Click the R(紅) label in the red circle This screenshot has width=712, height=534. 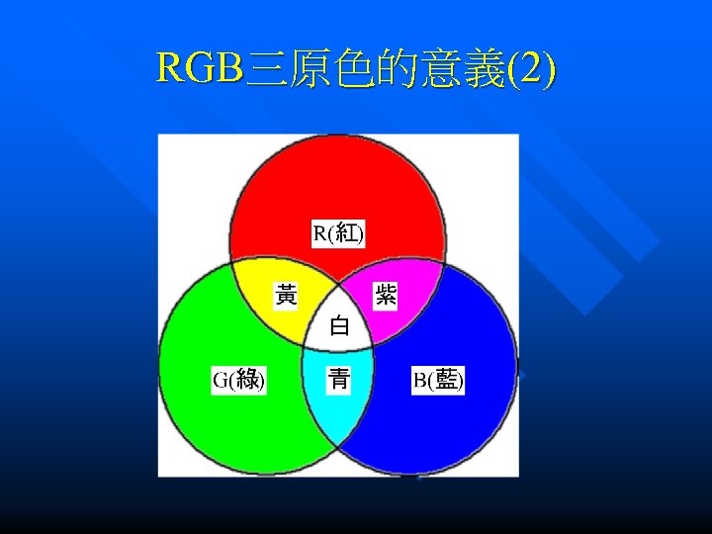338,233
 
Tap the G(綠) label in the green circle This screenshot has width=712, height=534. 239,380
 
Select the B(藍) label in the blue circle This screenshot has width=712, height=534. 438,380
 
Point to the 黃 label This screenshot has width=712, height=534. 287,295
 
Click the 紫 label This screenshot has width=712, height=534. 385,295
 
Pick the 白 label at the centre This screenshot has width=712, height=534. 339,325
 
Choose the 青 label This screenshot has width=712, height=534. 339,379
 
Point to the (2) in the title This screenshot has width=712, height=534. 533,68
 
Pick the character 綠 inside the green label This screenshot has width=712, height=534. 247,380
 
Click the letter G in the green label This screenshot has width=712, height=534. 221,380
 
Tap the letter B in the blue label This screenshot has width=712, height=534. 419,380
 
